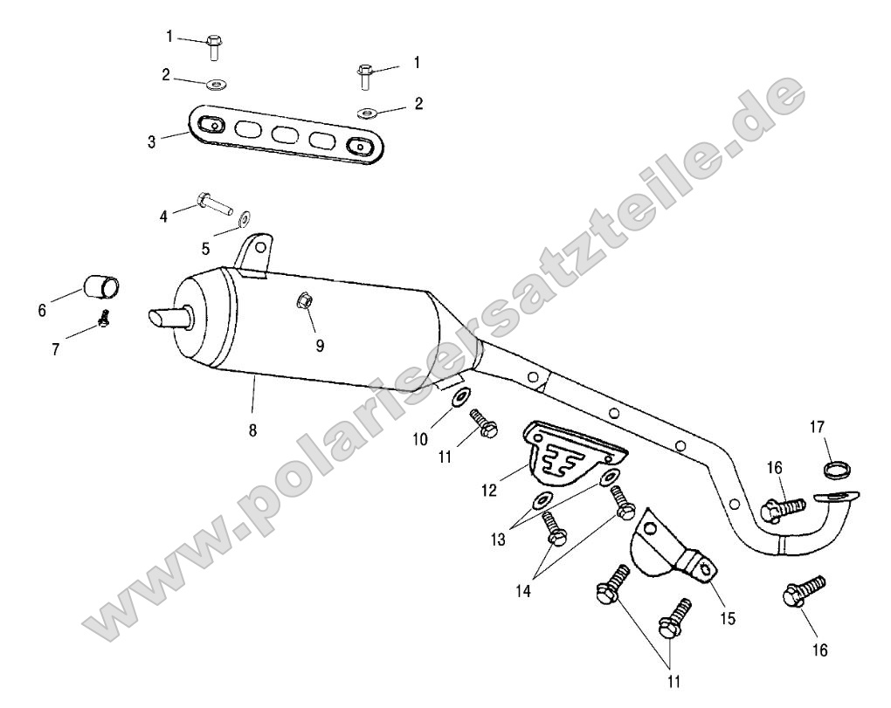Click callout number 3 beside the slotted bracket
pos(151,141)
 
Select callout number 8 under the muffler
pos(252,430)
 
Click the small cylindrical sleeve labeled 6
pos(102,286)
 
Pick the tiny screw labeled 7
pos(103,319)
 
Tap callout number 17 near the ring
pos(817,426)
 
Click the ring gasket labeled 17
pos(834,470)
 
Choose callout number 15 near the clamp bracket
pos(728,618)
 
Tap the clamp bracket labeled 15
pos(671,550)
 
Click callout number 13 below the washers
pos(498,540)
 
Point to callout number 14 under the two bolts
pos(522,591)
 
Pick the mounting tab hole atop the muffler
pos(259,248)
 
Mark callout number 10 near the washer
pos(419,439)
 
